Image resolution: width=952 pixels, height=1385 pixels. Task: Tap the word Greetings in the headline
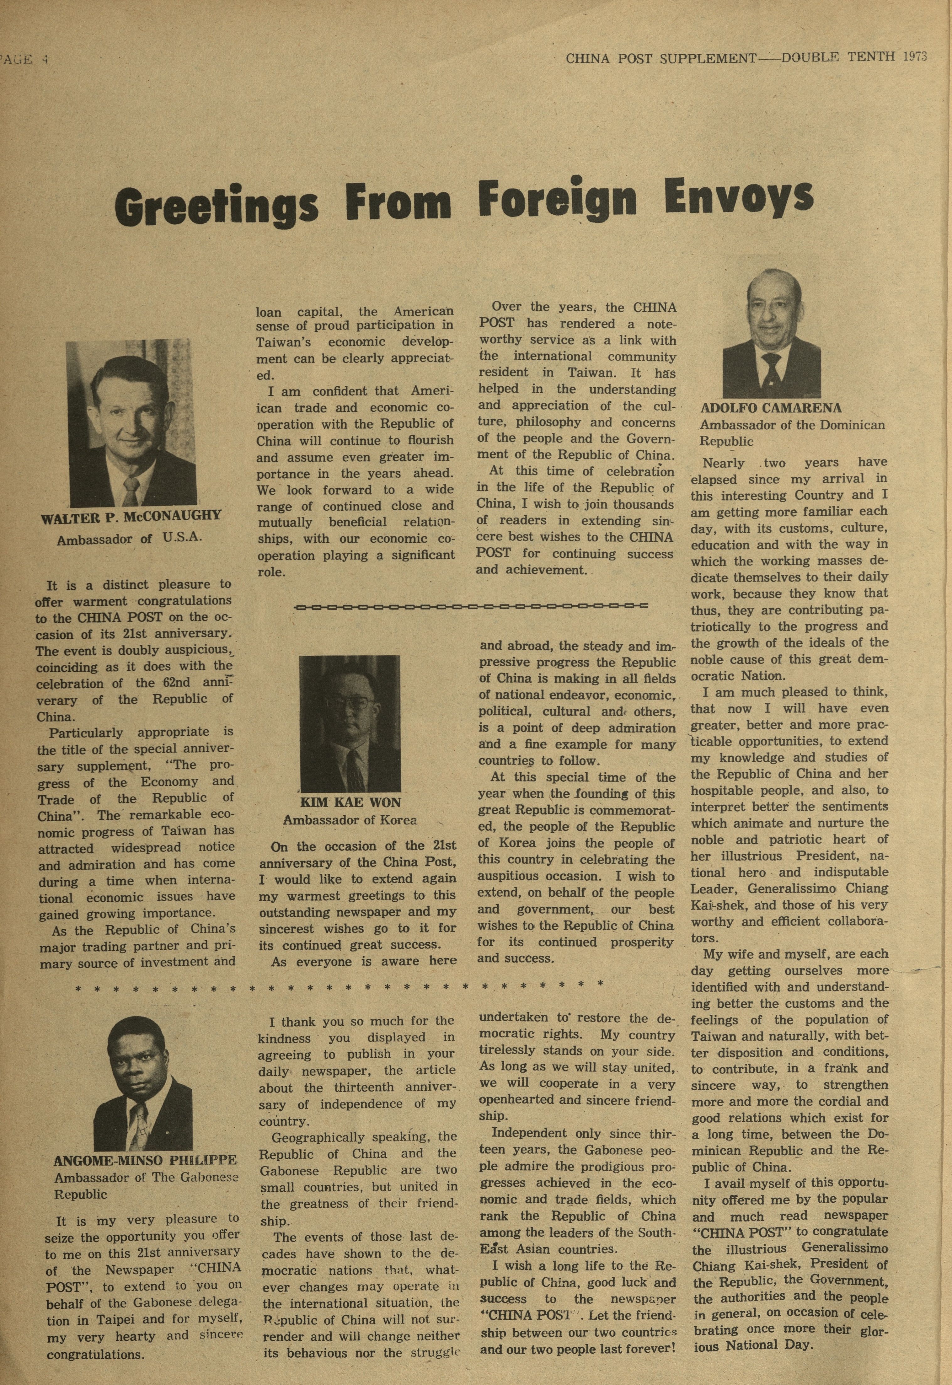coord(216,207)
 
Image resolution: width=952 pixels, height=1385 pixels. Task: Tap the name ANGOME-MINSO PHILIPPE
coord(145,1160)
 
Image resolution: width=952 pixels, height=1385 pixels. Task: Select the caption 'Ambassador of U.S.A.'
coord(130,539)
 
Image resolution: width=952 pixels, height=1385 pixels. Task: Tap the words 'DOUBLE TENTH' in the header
coord(838,57)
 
